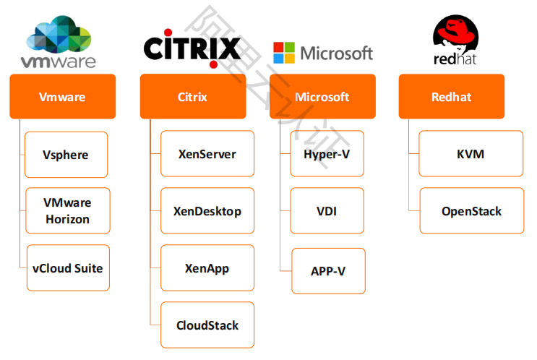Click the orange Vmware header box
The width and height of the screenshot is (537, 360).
[x=62, y=96]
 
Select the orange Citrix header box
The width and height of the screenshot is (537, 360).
[x=192, y=96]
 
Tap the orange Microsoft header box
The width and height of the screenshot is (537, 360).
[x=322, y=96]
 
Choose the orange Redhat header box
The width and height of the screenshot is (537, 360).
[x=451, y=96]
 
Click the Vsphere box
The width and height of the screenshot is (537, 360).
[x=66, y=154]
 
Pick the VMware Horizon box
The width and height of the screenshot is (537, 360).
[x=66, y=210]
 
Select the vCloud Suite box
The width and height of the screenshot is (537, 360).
[x=67, y=267]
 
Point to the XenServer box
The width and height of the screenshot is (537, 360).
[x=207, y=153]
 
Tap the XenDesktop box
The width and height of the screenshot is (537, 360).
[x=207, y=211]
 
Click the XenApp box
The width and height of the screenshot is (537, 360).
[x=207, y=267]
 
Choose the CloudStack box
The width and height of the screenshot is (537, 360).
[x=207, y=325]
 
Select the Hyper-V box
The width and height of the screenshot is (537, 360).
[x=327, y=153]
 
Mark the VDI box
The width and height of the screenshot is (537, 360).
[x=327, y=211]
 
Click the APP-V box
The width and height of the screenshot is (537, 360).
[x=328, y=270]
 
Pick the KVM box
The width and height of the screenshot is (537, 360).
[x=471, y=153]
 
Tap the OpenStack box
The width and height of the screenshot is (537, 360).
[x=471, y=210]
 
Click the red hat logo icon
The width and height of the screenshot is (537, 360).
[x=455, y=33]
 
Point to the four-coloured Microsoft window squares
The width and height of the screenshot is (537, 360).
[x=284, y=53]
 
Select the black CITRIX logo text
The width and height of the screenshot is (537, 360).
[x=192, y=48]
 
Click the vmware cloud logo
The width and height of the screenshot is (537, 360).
[x=59, y=34]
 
